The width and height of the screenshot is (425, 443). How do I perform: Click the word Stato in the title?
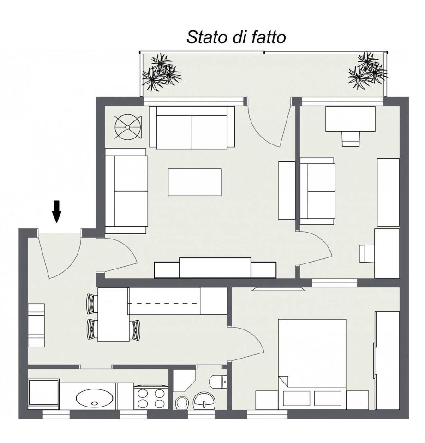(x=207, y=37)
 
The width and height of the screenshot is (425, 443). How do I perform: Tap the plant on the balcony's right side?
(x=367, y=70)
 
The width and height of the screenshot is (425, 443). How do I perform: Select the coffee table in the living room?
(x=194, y=182)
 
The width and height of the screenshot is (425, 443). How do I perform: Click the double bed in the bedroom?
(x=312, y=355)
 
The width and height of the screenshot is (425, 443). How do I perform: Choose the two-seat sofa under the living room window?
(x=192, y=128)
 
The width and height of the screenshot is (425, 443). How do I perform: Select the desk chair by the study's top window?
(x=351, y=138)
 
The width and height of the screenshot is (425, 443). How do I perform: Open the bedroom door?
(x=247, y=344)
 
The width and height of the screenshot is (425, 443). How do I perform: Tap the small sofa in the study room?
(x=317, y=191)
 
